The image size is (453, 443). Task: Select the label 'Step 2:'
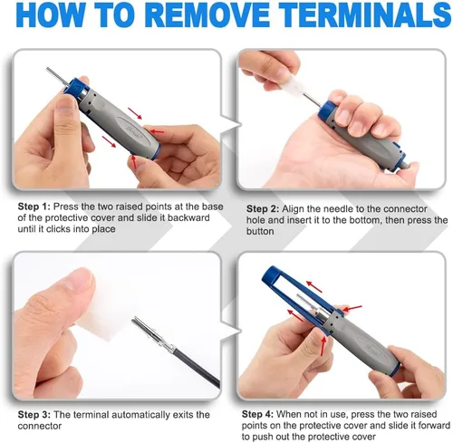point(263,209)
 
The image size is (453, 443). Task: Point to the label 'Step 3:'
point(34,415)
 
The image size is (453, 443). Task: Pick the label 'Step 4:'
point(257,414)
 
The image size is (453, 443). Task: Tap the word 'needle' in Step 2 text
point(330,209)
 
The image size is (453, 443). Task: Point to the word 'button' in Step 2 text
point(260,231)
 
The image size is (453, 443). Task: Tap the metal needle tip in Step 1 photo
point(46,69)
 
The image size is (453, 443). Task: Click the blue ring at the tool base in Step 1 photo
point(155,152)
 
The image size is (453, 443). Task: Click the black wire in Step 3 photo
point(197,369)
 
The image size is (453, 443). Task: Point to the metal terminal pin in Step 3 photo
point(152,335)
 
